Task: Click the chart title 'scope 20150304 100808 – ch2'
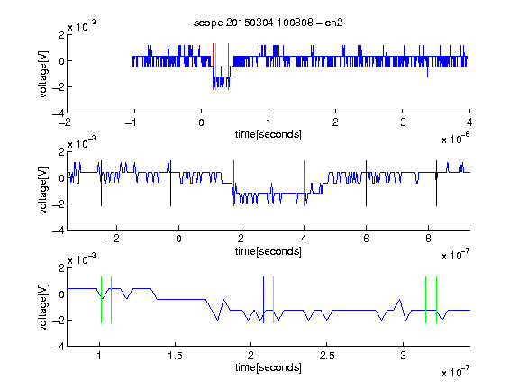(x=269, y=23)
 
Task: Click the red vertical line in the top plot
(x=214, y=67)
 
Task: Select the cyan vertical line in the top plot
(x=216, y=67)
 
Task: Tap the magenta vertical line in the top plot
(x=228, y=67)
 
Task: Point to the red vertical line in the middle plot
(x=233, y=184)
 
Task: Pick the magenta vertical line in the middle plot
(x=305, y=184)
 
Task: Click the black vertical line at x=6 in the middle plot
(x=366, y=184)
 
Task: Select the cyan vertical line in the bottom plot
(x=273, y=300)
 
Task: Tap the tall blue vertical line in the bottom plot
(x=263, y=300)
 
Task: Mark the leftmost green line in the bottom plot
(x=101, y=300)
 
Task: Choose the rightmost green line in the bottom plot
(x=437, y=300)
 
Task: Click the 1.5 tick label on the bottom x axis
(x=175, y=356)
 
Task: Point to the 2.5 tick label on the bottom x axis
(x=327, y=356)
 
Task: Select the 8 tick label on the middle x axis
(x=428, y=239)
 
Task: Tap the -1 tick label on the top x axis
(x=131, y=122)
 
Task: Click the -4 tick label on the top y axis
(x=59, y=113)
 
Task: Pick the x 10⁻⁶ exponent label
(x=456, y=138)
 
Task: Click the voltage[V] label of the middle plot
(x=43, y=191)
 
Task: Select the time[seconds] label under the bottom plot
(x=269, y=367)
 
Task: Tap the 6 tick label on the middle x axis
(x=366, y=239)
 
